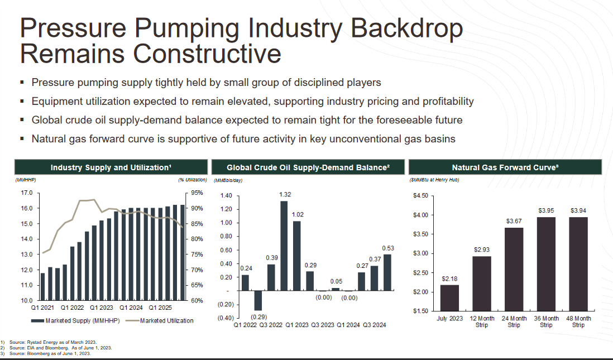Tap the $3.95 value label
(546, 210)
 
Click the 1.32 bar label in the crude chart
(285, 194)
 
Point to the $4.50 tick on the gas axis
(420, 195)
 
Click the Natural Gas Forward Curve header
(505, 167)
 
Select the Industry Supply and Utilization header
(111, 167)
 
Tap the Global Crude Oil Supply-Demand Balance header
(308, 167)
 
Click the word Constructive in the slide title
(207, 54)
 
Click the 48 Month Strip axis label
(578, 321)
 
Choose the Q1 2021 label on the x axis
(42, 307)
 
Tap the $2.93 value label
(481, 249)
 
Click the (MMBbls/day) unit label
(228, 180)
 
